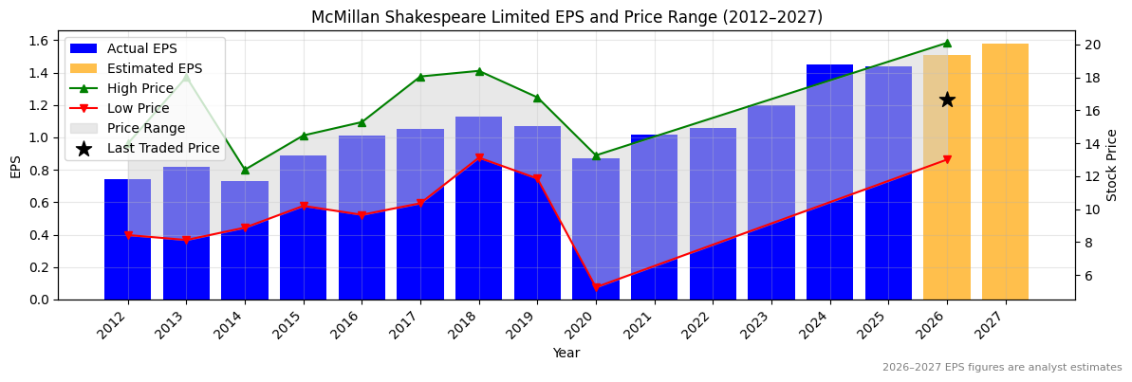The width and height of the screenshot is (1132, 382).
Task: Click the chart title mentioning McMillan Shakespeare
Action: pyautogui.click(x=566, y=17)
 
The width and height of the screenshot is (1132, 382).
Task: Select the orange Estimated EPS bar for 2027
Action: pyautogui.click(x=1005, y=171)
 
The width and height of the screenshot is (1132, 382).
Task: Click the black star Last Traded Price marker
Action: pyautogui.click(x=946, y=100)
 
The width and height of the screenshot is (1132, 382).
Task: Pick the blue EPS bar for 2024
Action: pyautogui.click(x=829, y=180)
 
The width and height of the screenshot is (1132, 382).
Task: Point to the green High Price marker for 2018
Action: pyautogui.click(x=479, y=71)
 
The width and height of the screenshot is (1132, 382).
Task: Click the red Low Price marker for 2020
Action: pyautogui.click(x=596, y=287)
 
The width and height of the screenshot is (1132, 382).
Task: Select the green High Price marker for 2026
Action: pyautogui.click(x=946, y=43)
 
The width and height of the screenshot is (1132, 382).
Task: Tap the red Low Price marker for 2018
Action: pyautogui.click(x=479, y=157)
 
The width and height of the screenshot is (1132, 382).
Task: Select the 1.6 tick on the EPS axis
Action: pyautogui.click(x=40, y=41)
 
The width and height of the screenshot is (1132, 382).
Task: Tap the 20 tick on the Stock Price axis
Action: pyautogui.click(x=1092, y=45)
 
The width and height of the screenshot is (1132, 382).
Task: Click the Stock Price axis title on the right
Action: pyautogui.click(x=1112, y=165)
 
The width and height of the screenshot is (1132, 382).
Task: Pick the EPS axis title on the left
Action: pyautogui.click(x=15, y=166)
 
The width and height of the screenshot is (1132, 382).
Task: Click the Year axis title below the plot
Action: pyautogui.click(x=566, y=353)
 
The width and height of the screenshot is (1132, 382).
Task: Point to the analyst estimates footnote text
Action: pyautogui.click(x=1002, y=368)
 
